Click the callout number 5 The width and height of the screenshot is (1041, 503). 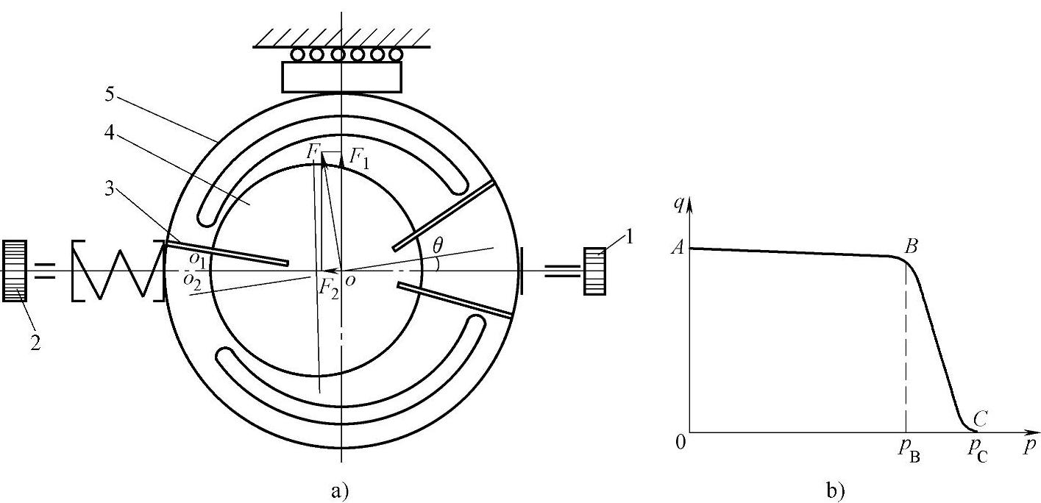point(110,94)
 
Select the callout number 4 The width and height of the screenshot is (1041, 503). point(109,133)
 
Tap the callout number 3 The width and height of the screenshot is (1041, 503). point(109,188)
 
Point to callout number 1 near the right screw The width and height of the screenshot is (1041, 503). point(629,238)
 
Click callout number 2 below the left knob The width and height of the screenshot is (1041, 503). point(35,343)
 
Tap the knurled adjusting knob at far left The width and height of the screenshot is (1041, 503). point(15,271)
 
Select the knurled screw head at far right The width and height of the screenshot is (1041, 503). point(595,271)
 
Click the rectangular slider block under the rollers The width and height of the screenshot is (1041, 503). point(341,77)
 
